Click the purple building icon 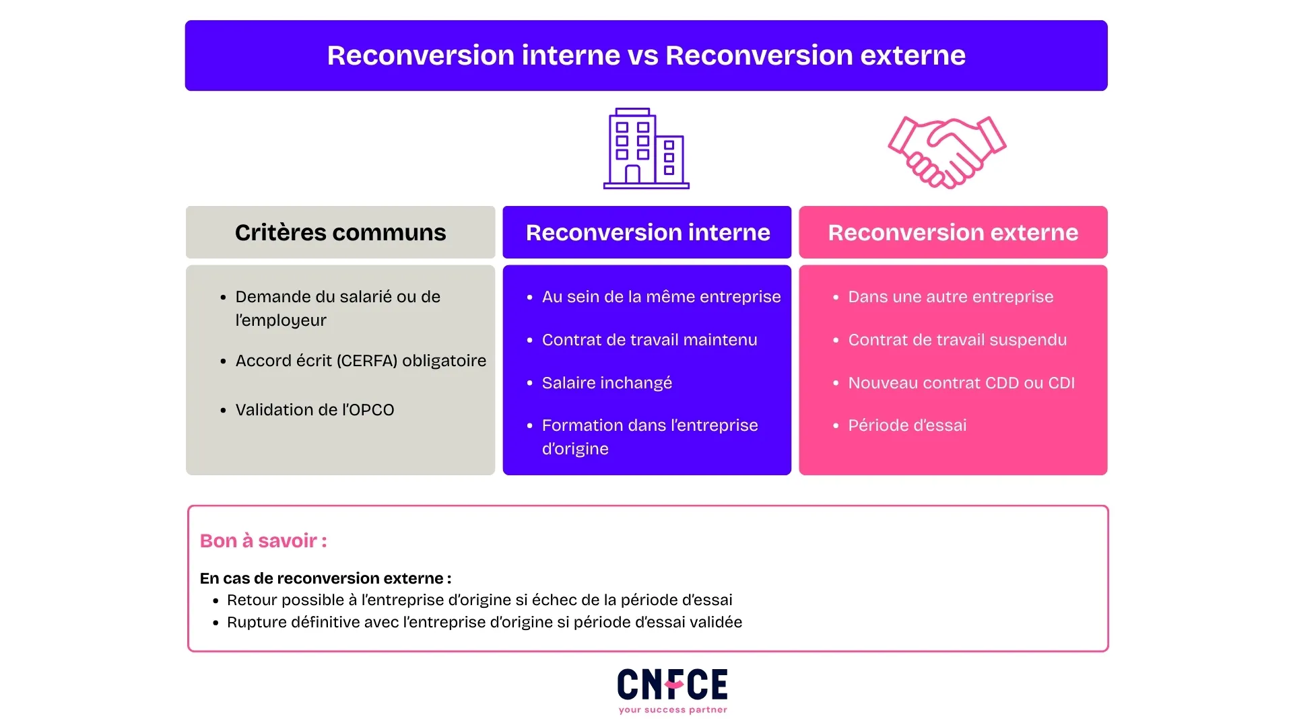(x=646, y=149)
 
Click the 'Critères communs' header (x=340, y=232)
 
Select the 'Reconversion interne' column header (x=647, y=232)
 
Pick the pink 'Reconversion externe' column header (x=953, y=232)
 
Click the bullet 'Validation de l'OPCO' (x=314, y=410)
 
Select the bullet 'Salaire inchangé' (x=607, y=383)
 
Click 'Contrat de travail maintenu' (x=649, y=340)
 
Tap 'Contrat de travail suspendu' (x=957, y=340)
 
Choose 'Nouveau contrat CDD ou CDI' (x=961, y=383)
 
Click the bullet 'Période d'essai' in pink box (x=907, y=425)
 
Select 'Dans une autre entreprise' (x=950, y=297)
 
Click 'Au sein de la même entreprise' (x=661, y=297)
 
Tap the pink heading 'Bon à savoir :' (x=263, y=541)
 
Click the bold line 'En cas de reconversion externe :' (x=325, y=578)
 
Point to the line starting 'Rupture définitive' (x=484, y=622)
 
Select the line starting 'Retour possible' (x=479, y=600)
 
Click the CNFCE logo (x=672, y=685)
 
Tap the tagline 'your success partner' (x=673, y=709)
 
